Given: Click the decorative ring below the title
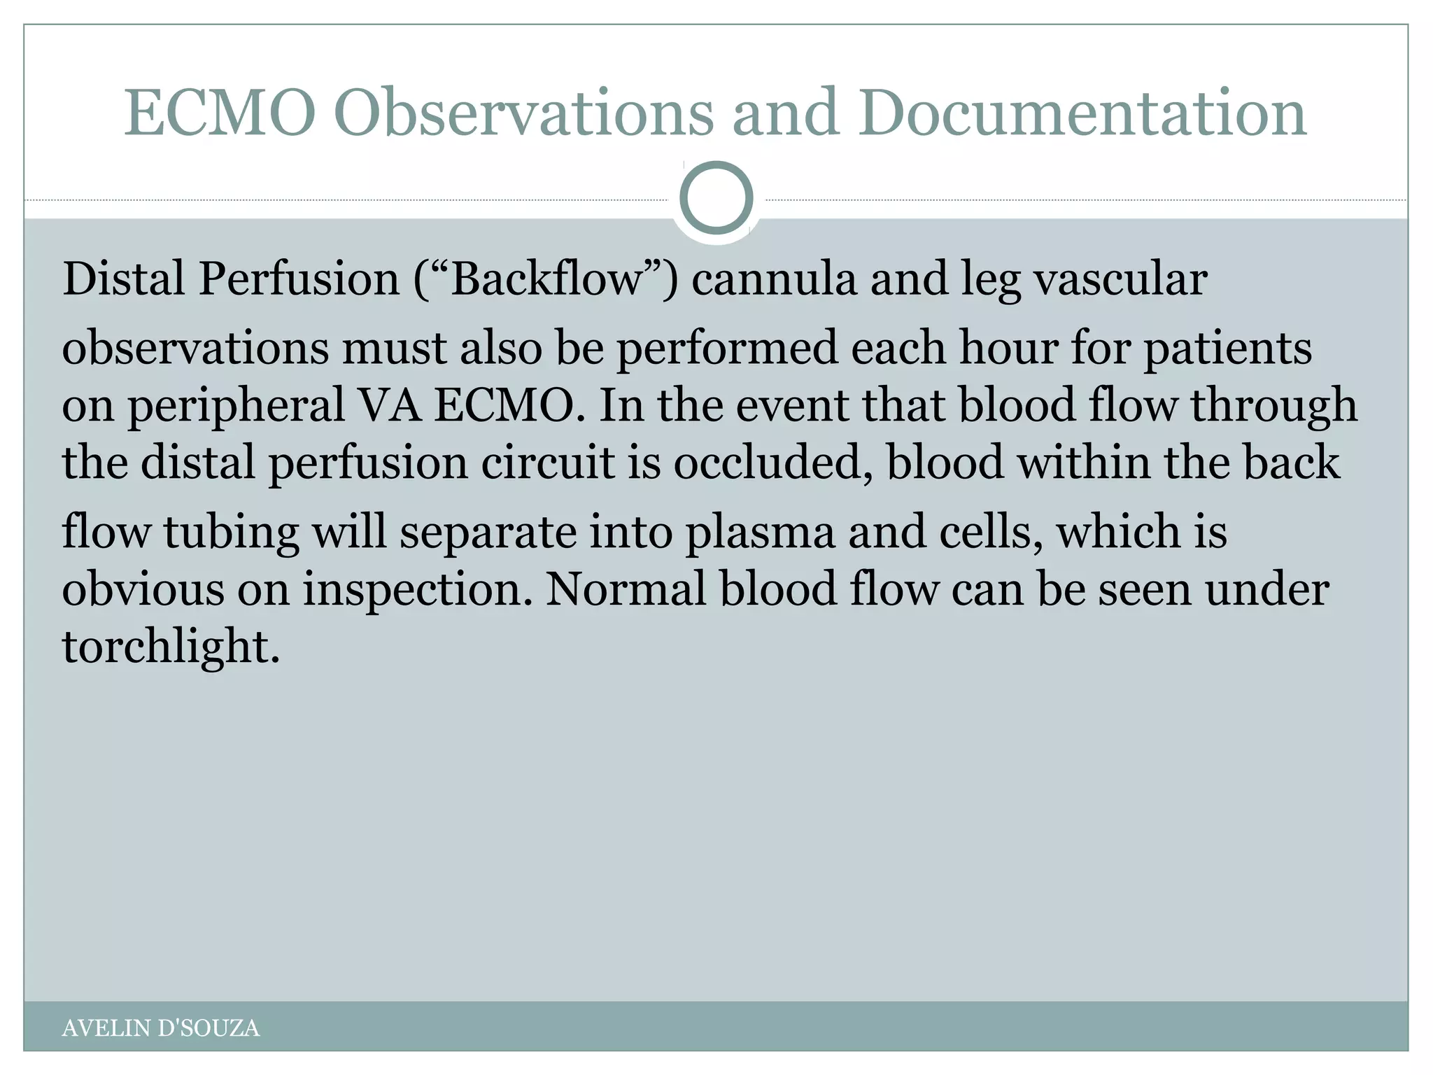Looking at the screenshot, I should coord(716,197).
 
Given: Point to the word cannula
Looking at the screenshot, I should coord(774,279).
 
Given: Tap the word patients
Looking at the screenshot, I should coord(1227,347).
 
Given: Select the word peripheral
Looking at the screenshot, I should coord(236,406).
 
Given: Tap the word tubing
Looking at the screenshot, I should coord(231,532).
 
